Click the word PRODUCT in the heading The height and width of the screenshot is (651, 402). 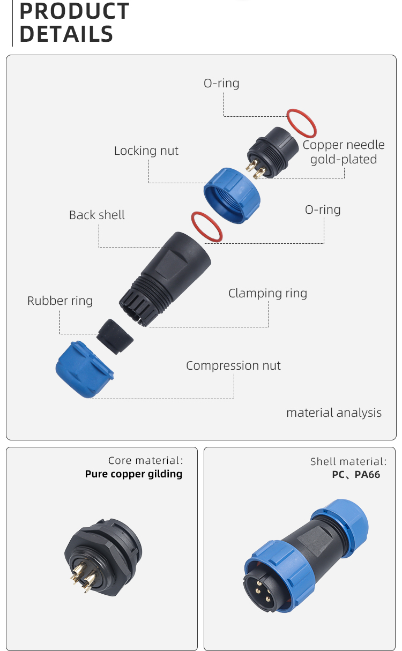[74, 11]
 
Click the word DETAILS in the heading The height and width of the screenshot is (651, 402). [66, 34]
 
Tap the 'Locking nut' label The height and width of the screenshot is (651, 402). [146, 151]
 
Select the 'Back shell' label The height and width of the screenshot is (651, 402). [96, 215]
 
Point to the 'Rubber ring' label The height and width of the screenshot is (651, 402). [60, 301]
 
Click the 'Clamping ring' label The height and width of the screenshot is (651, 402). [267, 293]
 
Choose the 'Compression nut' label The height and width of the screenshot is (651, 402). [233, 365]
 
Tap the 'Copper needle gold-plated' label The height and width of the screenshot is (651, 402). [344, 152]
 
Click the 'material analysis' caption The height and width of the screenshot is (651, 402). [333, 413]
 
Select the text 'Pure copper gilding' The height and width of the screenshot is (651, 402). [133, 474]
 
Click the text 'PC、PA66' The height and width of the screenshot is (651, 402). [356, 475]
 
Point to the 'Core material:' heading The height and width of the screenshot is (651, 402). [145, 460]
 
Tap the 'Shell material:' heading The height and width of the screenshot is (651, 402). [348, 461]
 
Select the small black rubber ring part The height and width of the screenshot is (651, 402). [115, 336]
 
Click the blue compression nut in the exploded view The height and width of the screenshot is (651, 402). [83, 370]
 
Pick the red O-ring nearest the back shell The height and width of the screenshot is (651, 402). [206, 226]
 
